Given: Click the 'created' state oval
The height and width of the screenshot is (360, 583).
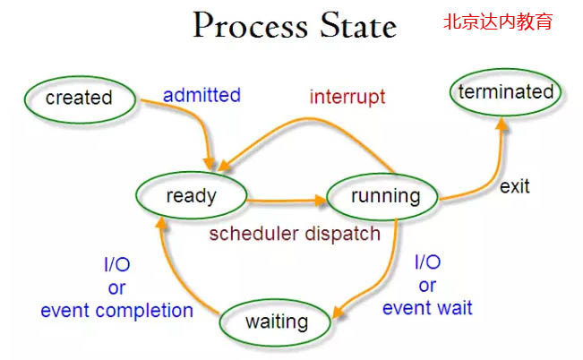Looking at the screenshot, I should (79, 97).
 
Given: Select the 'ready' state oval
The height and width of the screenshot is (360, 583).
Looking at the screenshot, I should (192, 195).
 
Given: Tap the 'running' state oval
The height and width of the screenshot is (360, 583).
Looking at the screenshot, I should (385, 196).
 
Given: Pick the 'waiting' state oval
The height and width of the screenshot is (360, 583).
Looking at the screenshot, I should (277, 321).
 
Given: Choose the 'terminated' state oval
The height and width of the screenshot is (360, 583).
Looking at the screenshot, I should (506, 91).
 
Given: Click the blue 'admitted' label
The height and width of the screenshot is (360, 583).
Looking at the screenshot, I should (201, 94).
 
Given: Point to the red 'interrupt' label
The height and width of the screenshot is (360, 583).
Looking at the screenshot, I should (347, 96).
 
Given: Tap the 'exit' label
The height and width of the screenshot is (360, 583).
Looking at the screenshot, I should (514, 186).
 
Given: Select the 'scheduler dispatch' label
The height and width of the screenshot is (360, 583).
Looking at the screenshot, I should (295, 234).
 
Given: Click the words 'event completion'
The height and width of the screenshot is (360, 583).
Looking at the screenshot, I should (116, 311).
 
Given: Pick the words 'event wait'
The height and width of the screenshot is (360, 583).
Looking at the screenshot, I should (427, 308).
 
